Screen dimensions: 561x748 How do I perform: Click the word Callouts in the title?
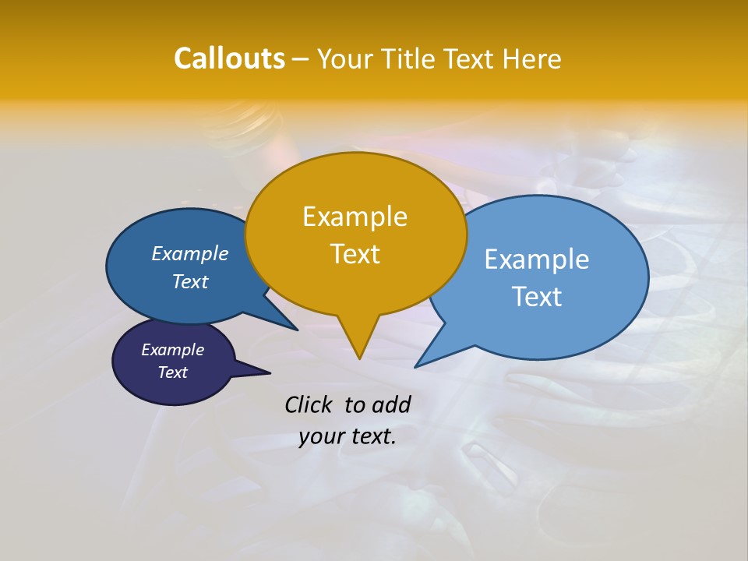229,58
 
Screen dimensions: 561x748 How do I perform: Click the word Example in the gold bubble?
355,217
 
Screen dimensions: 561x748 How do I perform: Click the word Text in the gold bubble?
355,254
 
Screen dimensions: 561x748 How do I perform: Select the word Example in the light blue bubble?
537,259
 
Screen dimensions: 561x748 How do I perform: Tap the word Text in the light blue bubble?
537,297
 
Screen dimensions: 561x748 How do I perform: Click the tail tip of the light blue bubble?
416,366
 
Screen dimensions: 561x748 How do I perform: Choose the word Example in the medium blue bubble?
190,254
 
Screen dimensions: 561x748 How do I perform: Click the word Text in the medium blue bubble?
190,282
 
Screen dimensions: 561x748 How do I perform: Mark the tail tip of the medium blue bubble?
297,330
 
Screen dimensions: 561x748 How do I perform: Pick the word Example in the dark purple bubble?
173,350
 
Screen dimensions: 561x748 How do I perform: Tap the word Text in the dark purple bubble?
173,372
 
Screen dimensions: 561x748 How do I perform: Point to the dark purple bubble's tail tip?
270,372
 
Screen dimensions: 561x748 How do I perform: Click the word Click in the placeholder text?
309,404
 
